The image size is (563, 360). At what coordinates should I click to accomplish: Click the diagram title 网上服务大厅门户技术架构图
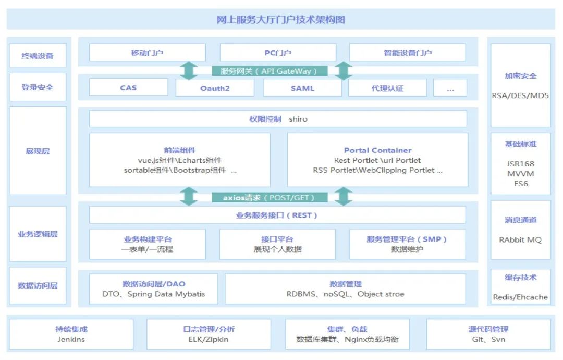280,19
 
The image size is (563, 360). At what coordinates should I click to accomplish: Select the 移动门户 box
147,53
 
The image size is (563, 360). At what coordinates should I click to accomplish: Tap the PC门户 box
278,53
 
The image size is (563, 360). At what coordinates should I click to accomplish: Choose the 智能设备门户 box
408,53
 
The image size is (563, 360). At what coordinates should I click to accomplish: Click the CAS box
129,88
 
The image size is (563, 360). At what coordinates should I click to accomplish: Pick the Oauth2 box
215,88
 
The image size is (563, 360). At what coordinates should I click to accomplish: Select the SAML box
302,88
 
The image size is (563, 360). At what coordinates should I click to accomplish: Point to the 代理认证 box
387,88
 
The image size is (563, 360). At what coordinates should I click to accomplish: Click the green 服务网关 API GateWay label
270,71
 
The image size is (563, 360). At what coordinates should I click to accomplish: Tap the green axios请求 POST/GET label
270,198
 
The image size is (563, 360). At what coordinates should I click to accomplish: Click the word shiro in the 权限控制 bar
298,119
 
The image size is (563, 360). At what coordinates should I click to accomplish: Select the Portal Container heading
378,150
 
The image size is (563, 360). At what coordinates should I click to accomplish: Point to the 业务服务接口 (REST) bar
277,215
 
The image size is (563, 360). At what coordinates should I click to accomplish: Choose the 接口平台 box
277,244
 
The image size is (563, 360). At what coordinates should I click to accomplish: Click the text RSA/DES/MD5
520,95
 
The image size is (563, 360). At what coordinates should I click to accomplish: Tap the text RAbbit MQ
520,239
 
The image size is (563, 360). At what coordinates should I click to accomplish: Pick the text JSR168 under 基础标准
521,164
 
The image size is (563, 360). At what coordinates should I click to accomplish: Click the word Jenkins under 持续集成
71,339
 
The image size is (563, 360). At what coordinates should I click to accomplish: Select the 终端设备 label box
38,55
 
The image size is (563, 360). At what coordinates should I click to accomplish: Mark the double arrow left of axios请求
189,197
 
